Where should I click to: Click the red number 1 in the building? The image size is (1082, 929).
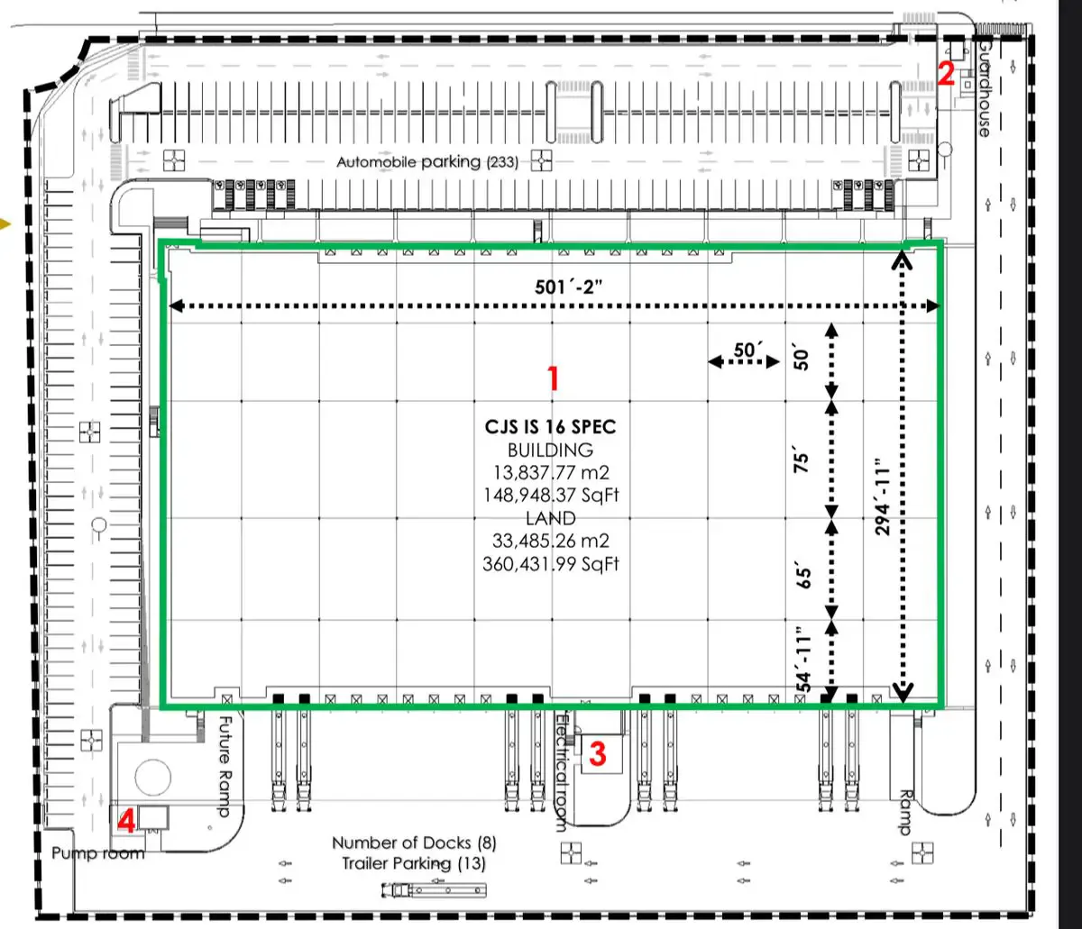point(554,378)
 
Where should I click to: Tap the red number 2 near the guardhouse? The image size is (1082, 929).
point(946,74)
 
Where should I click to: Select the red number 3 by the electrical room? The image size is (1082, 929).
point(598,754)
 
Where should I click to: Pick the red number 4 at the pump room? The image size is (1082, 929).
point(126,820)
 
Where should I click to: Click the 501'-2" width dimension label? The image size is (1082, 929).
point(568,287)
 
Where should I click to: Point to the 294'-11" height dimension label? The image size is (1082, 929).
point(883,496)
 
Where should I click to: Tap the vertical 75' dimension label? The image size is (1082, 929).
point(802,460)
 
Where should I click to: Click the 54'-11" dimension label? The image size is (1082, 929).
point(803,659)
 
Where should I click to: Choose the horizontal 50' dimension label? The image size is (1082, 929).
point(748,350)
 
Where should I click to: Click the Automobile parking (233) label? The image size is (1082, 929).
point(427,162)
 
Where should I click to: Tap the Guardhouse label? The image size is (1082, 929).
point(985,89)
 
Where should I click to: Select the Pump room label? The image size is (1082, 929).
point(98,853)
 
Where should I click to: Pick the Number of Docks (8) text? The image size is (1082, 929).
point(414,842)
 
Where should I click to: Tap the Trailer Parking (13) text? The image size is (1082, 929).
point(414,863)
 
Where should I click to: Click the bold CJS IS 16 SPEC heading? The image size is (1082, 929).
point(551,427)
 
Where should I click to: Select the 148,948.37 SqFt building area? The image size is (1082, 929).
point(551,495)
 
